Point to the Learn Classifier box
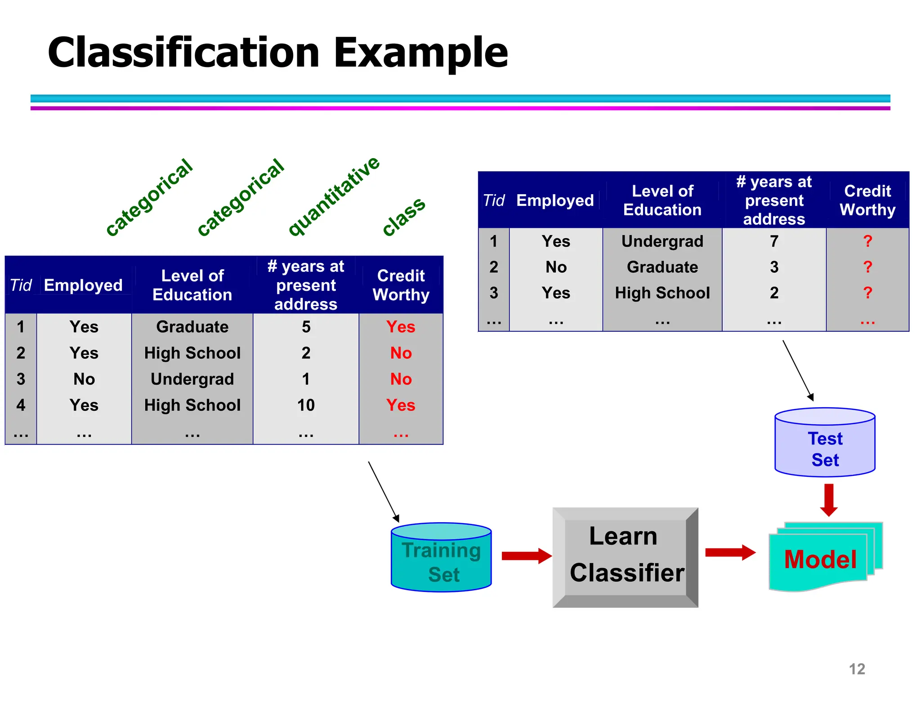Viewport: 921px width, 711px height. (x=625, y=557)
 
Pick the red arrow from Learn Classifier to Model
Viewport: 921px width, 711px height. (x=730, y=552)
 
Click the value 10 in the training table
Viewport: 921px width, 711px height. (x=306, y=405)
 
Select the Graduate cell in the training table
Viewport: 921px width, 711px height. (x=192, y=327)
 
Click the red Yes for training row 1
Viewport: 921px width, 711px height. (x=401, y=327)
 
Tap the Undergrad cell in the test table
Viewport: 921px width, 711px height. (x=662, y=241)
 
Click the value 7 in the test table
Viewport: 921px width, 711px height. (x=774, y=241)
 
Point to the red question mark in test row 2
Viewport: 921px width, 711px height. (x=867, y=267)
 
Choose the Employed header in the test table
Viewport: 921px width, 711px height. (x=555, y=200)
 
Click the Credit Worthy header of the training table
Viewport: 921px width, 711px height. (x=401, y=285)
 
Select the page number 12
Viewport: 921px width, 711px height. (x=857, y=669)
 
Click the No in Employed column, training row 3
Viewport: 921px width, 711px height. (x=84, y=379)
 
